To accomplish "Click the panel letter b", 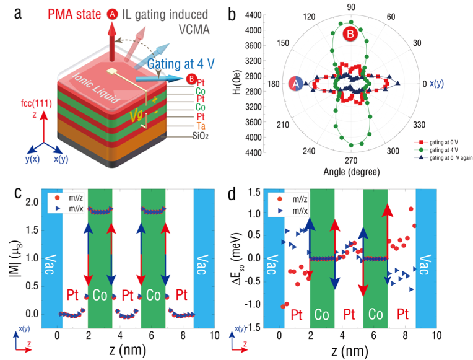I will pyautogui.click(x=232, y=12).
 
